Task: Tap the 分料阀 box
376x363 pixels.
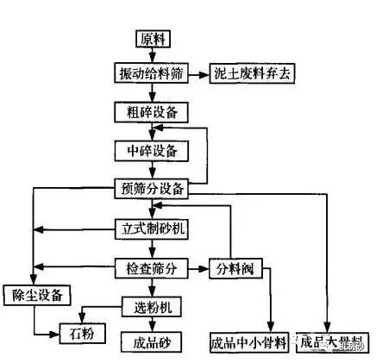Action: coord(234,268)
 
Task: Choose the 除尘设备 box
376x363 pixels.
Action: coord(34,295)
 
